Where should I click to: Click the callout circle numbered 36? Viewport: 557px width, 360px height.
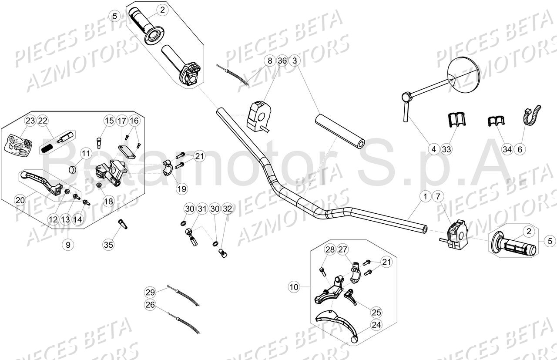282,61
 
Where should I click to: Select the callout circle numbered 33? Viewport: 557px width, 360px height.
446,149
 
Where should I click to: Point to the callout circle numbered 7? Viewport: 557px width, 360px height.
438,197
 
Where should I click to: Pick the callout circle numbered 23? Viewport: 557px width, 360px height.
30,121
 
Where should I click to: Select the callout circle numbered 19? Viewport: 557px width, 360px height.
182,188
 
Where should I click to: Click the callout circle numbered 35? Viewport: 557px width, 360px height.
108,245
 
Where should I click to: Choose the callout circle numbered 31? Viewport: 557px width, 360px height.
201,209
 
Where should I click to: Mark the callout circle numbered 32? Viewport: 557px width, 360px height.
227,209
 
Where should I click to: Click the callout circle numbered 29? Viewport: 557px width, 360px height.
150,292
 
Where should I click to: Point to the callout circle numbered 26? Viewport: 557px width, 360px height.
150,305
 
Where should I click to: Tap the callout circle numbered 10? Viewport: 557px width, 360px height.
294,286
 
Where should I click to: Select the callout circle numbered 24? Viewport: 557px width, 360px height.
376,324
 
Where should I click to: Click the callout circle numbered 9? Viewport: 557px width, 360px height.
68,245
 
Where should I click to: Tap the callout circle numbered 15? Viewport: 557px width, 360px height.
109,121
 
